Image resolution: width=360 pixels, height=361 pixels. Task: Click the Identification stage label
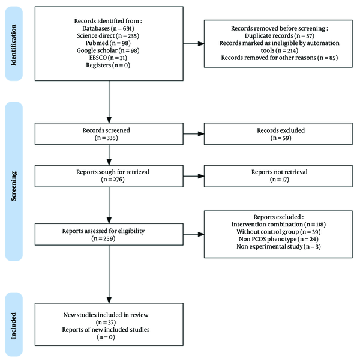coord(14,45)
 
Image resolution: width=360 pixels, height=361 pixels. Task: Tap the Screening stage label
coord(14,186)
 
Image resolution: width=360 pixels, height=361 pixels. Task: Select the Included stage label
coord(14,326)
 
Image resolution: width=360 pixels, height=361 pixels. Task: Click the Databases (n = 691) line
coord(108,28)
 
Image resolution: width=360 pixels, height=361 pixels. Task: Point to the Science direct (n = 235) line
coord(108,35)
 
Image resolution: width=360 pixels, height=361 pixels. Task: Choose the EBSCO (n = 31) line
coord(108,58)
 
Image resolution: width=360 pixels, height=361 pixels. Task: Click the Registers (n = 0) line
coord(108,65)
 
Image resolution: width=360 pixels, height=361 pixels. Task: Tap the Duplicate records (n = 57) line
coord(280,35)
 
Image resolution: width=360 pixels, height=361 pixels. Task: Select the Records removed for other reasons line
coord(280,58)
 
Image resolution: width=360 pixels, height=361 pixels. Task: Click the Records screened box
coord(109,134)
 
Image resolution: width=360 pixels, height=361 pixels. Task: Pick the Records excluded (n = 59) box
coord(278,134)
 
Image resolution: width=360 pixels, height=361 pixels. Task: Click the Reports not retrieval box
coord(278,176)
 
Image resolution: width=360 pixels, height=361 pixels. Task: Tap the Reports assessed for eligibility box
coord(109,234)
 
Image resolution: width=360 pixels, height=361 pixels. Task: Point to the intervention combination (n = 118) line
coord(278,225)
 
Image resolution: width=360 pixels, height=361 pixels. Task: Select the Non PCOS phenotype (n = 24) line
coord(278,239)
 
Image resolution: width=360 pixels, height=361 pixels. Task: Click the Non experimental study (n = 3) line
coord(278,247)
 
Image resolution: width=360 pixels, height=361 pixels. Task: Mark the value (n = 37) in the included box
coord(106,323)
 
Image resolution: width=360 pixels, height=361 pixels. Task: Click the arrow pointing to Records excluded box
coord(194,134)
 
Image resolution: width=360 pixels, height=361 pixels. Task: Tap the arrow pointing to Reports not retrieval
coord(194,176)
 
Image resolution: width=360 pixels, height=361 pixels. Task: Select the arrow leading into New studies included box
coord(109,274)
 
